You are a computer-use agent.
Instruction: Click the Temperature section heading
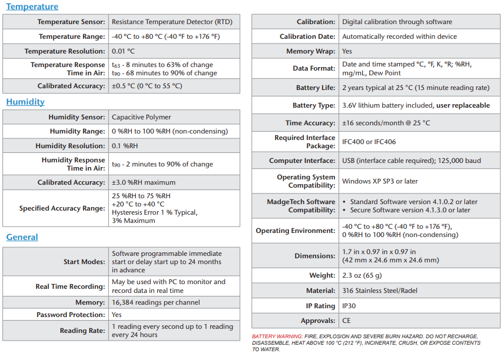coord(32,7)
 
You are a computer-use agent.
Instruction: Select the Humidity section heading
coord(25,102)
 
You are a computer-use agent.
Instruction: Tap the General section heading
coord(22,237)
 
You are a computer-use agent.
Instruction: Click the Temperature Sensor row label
coord(71,22)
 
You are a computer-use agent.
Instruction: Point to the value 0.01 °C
coord(124,51)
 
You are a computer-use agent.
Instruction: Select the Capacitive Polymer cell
coord(141,117)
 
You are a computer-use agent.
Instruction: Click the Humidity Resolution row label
coord(70,146)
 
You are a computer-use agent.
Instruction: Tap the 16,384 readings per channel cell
coord(156,302)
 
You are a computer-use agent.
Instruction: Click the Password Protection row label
coord(71,315)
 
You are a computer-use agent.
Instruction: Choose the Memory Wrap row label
coord(310,51)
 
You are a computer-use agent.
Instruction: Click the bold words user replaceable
coord(463,105)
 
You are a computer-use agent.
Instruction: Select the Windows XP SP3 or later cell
coord(380,181)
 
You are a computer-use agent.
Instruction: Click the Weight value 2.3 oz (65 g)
coord(362,275)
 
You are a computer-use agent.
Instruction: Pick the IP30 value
coord(349,306)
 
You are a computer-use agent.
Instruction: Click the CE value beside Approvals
coord(347,321)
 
